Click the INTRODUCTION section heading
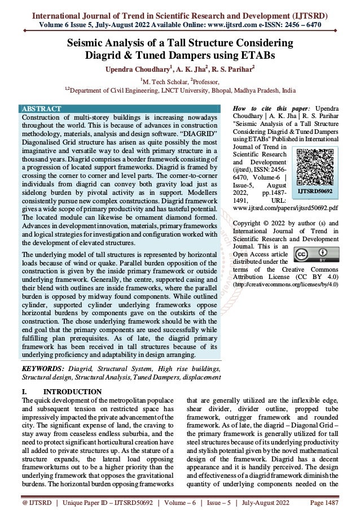point(72,392)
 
